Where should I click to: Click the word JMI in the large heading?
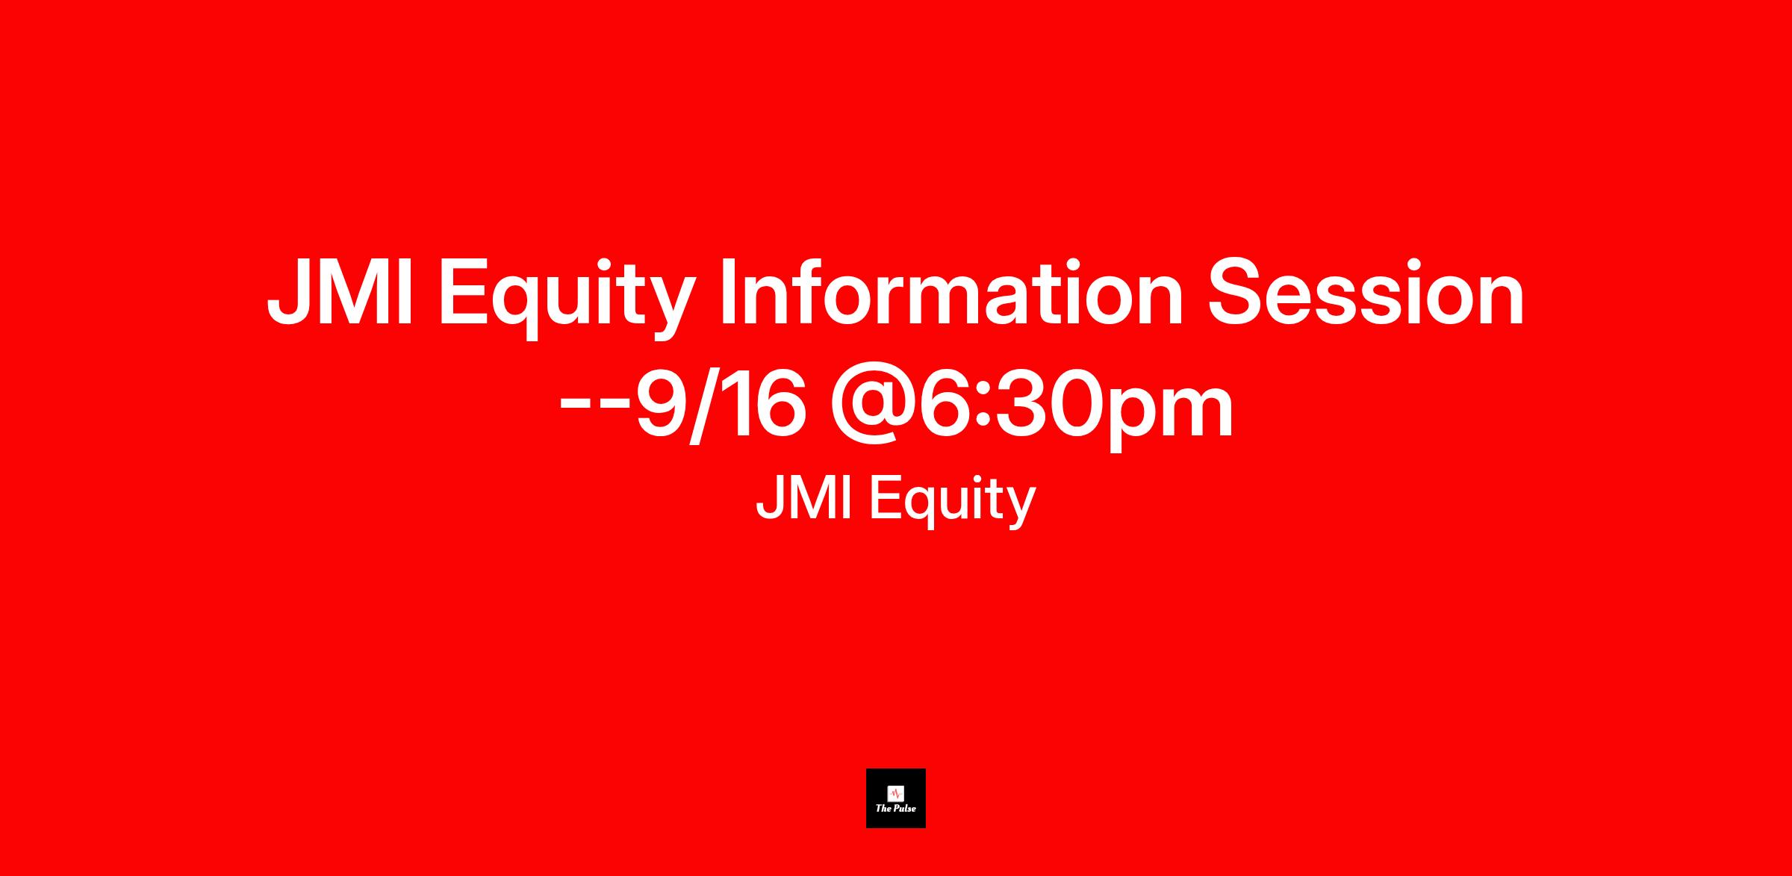pos(340,293)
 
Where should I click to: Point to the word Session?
pos(1366,293)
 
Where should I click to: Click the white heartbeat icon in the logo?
pos(895,792)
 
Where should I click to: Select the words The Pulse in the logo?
pos(896,807)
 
